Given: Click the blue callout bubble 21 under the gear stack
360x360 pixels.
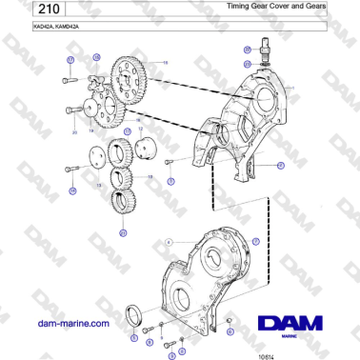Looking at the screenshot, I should tap(122, 232).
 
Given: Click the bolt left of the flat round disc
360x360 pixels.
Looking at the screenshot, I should tap(72, 170).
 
